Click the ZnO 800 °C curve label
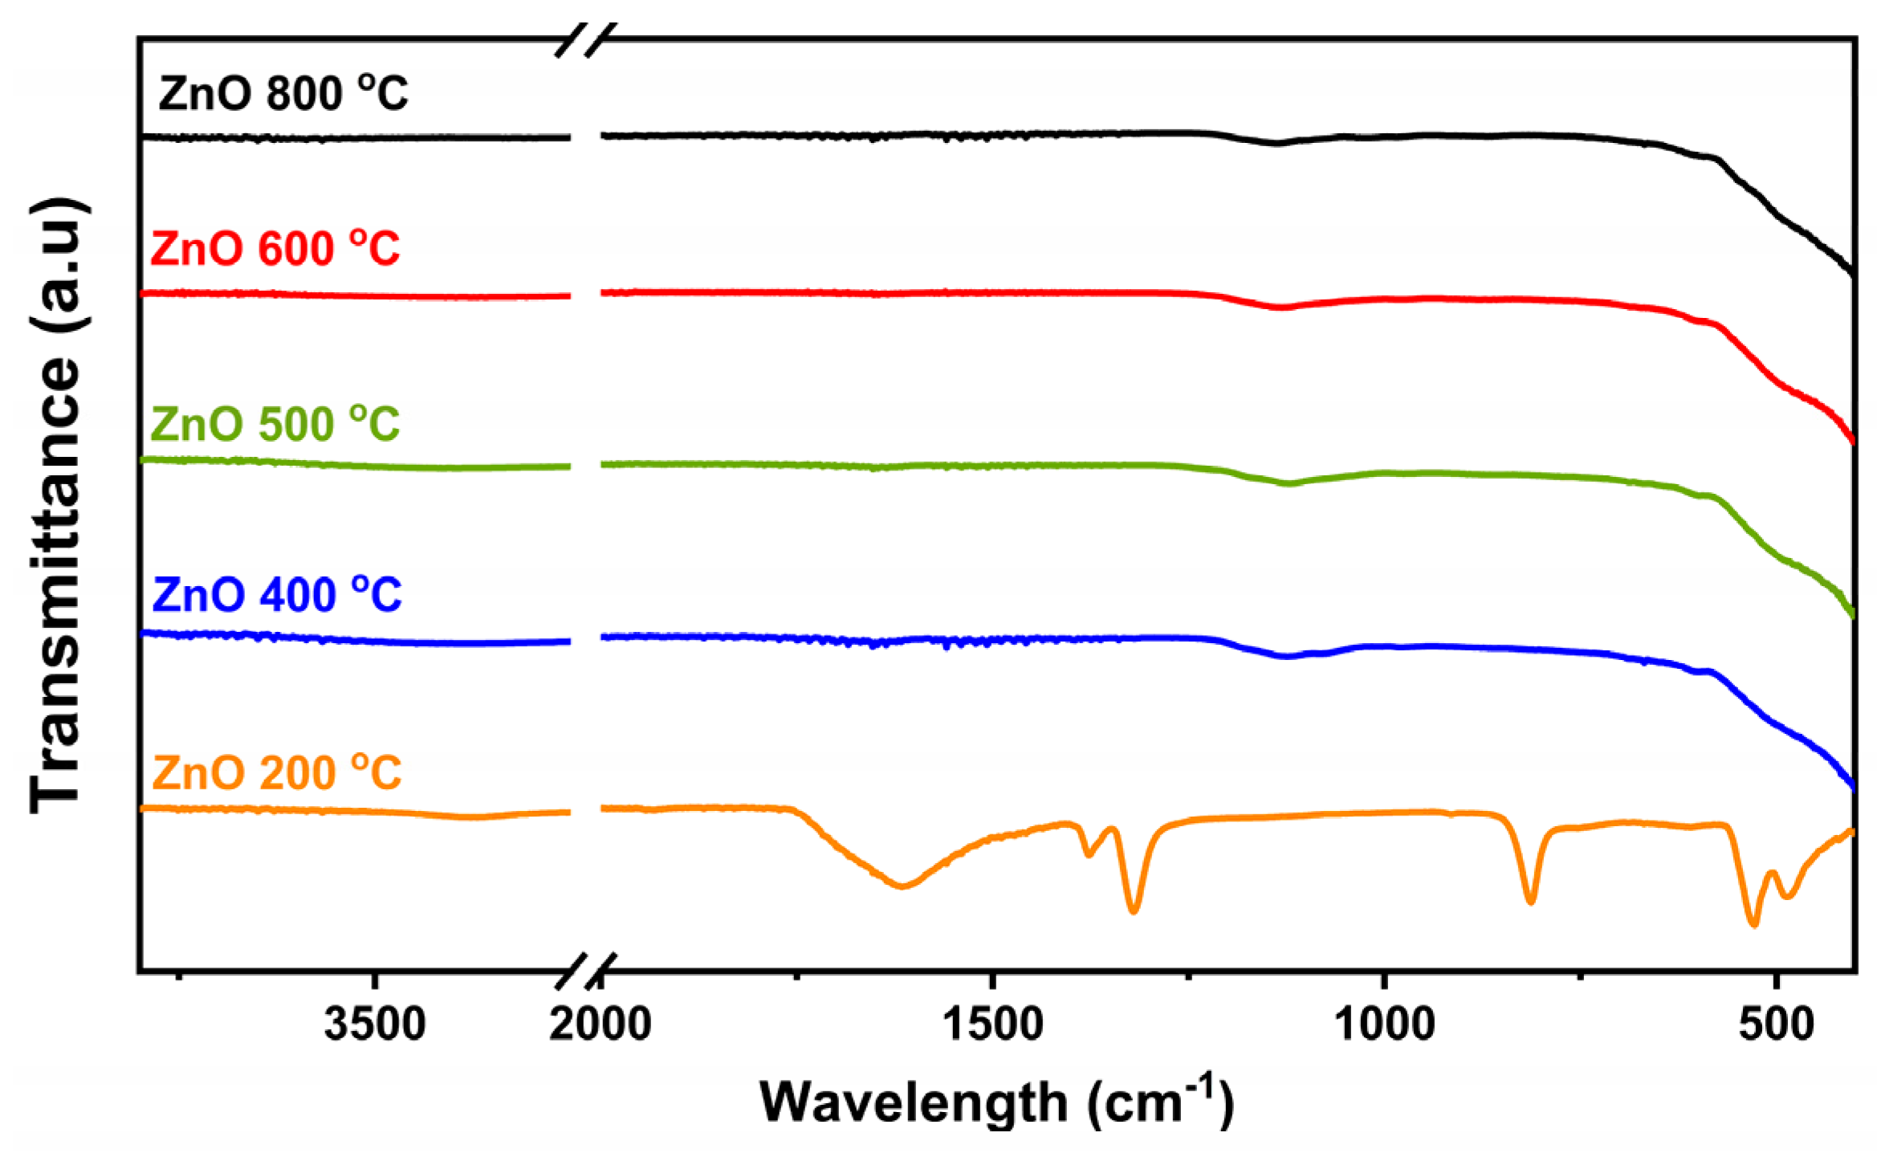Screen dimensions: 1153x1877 pyautogui.click(x=283, y=93)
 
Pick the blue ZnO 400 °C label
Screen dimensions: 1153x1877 pyautogui.click(x=276, y=595)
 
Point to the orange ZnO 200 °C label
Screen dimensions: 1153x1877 pyautogui.click(x=276, y=772)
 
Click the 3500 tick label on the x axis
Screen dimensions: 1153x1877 pyautogui.click(x=374, y=1025)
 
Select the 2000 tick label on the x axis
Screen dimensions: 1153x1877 pyautogui.click(x=601, y=1025)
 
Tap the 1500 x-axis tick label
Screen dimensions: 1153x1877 pyautogui.click(x=993, y=1025)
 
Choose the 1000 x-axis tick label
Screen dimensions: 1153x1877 pyautogui.click(x=1385, y=1025)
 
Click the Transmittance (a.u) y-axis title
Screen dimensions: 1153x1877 pyautogui.click(x=56, y=506)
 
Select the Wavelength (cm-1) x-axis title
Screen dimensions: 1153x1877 pyautogui.click(x=996, y=1102)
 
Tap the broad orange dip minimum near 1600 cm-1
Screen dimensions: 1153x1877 pyautogui.click(x=902, y=886)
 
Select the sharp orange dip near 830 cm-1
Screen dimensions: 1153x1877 pyautogui.click(x=1530, y=902)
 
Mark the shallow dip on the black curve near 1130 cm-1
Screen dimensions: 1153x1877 pyautogui.click(x=1276, y=144)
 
